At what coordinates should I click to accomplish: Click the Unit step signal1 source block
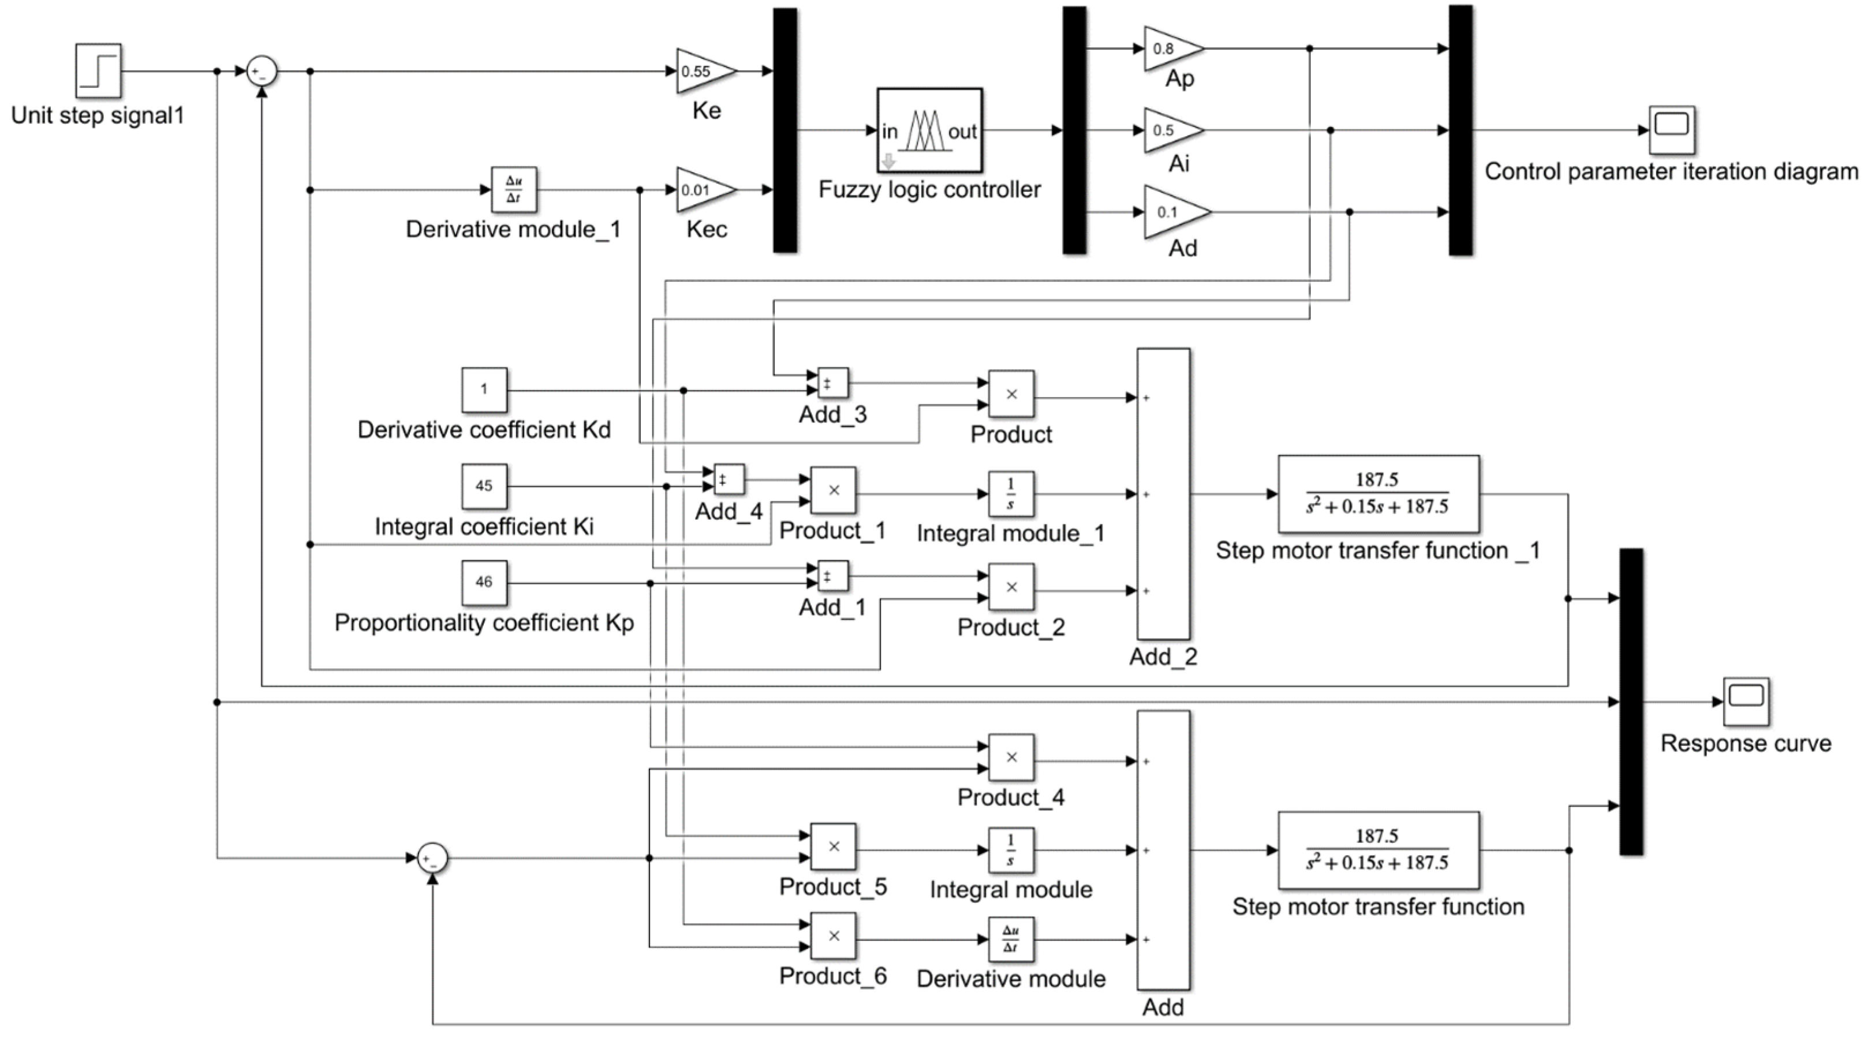98,70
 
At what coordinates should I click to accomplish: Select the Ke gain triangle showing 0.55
701,71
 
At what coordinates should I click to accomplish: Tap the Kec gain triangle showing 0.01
701,190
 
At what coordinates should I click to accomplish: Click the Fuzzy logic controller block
929,130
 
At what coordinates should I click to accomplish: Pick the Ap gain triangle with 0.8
1168,48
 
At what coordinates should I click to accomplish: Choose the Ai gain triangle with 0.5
1168,130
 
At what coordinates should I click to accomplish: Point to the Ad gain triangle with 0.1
1171,212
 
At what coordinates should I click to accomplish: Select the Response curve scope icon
1746,701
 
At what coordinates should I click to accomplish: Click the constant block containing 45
484,486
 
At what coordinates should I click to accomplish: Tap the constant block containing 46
484,582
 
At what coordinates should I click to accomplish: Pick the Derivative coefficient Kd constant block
484,389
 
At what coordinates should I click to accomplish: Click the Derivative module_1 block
513,190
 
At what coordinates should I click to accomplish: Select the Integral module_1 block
1010,494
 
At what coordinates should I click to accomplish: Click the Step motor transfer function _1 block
1378,494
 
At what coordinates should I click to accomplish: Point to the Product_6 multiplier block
832,936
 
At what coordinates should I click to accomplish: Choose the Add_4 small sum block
728,479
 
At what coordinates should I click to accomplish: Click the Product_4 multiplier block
1011,758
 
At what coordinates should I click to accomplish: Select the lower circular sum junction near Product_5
433,858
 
